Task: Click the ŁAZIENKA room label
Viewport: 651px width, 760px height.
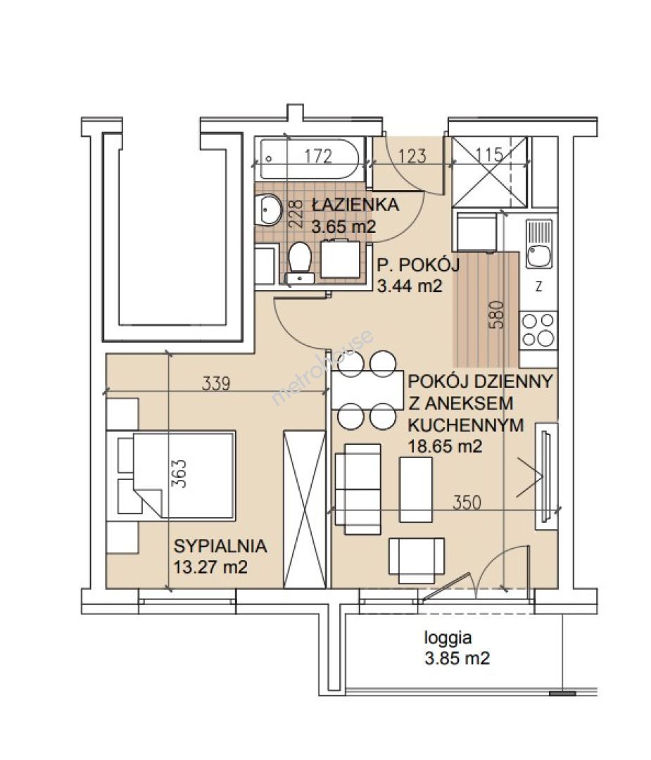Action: [355, 205]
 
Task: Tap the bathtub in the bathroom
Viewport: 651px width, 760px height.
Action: [310, 160]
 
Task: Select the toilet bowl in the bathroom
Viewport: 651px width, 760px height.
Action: [300, 262]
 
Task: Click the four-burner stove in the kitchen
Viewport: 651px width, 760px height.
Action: [538, 329]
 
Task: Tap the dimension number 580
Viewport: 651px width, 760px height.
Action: [499, 315]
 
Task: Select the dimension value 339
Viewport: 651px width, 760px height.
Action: [215, 384]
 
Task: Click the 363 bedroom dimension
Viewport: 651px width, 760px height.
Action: [179, 474]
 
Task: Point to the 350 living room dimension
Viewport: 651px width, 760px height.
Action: [467, 502]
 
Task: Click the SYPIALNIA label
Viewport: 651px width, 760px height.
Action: [220, 546]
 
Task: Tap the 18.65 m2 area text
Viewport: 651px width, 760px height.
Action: [445, 445]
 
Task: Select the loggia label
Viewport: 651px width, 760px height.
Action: [448, 638]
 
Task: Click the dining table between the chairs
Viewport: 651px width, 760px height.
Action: [367, 390]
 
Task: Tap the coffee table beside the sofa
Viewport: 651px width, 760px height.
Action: [415, 489]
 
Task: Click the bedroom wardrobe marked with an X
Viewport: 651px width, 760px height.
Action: [304, 509]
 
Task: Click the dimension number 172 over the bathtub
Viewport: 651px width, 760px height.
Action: [319, 156]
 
